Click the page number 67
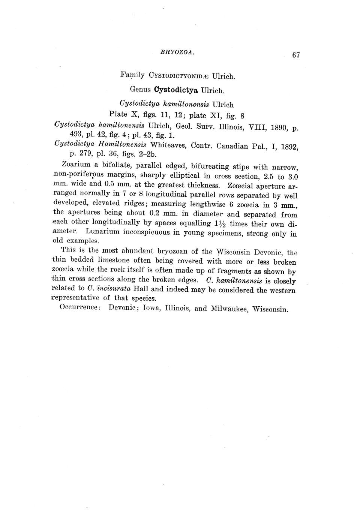point(296,55)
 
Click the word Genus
point(140,90)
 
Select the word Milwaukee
point(229,309)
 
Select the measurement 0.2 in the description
point(154,214)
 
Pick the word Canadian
point(231,146)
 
